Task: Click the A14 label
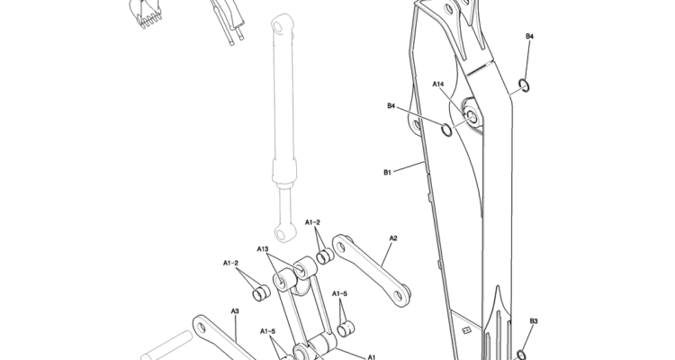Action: click(x=437, y=84)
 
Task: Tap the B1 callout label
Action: click(x=387, y=172)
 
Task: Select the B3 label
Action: click(x=534, y=320)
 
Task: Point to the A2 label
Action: click(x=393, y=238)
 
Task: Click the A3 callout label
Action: click(x=235, y=310)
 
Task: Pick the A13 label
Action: click(x=263, y=249)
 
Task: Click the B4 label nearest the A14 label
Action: click(x=391, y=105)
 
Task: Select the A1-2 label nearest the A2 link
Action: click(x=312, y=222)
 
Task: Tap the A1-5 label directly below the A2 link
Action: click(x=339, y=293)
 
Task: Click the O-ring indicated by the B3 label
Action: click(x=521, y=355)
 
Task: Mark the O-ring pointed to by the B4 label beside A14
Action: click(x=446, y=130)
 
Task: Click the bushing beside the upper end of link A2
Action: click(x=325, y=256)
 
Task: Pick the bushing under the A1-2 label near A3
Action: click(x=260, y=292)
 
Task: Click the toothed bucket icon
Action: click(x=145, y=12)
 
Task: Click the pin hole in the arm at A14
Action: click(x=471, y=115)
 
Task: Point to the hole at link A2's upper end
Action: click(x=341, y=247)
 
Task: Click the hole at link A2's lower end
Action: click(x=399, y=296)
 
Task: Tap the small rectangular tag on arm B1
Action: click(x=466, y=330)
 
